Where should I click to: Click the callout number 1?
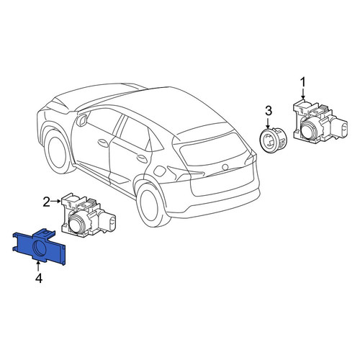[303, 82]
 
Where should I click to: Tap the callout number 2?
[46, 202]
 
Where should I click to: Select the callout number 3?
[269, 111]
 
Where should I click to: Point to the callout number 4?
[39, 279]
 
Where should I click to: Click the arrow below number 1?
[303, 94]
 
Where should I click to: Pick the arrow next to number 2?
[56, 201]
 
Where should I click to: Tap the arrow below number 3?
[269, 122]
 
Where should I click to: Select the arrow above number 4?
[38, 267]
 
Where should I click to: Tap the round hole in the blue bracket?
[39, 247]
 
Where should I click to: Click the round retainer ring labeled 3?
[273, 140]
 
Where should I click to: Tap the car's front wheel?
[58, 150]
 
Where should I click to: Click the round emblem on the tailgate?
[225, 167]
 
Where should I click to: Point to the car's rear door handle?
[142, 158]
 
